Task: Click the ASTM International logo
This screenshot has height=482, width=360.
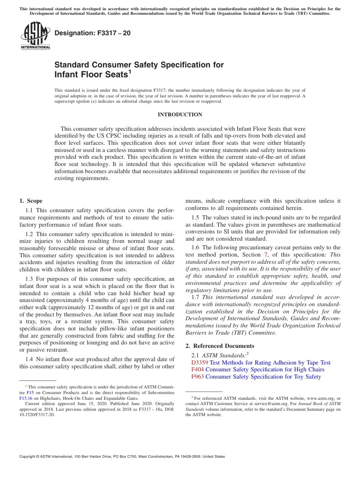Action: click(35, 36)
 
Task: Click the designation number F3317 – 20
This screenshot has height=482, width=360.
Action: click(92, 33)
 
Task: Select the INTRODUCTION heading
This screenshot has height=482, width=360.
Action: click(180, 114)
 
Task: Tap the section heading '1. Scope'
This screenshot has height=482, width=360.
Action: click(31, 201)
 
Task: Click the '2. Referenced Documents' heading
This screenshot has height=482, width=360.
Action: click(220, 346)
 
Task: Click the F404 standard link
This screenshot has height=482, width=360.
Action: click(197, 369)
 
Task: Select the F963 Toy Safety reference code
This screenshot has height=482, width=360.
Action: click(197, 377)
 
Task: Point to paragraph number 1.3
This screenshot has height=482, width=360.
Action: click(30, 279)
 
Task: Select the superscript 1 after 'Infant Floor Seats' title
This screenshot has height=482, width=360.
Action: click(130, 71)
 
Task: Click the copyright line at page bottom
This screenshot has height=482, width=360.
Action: click(122, 457)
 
